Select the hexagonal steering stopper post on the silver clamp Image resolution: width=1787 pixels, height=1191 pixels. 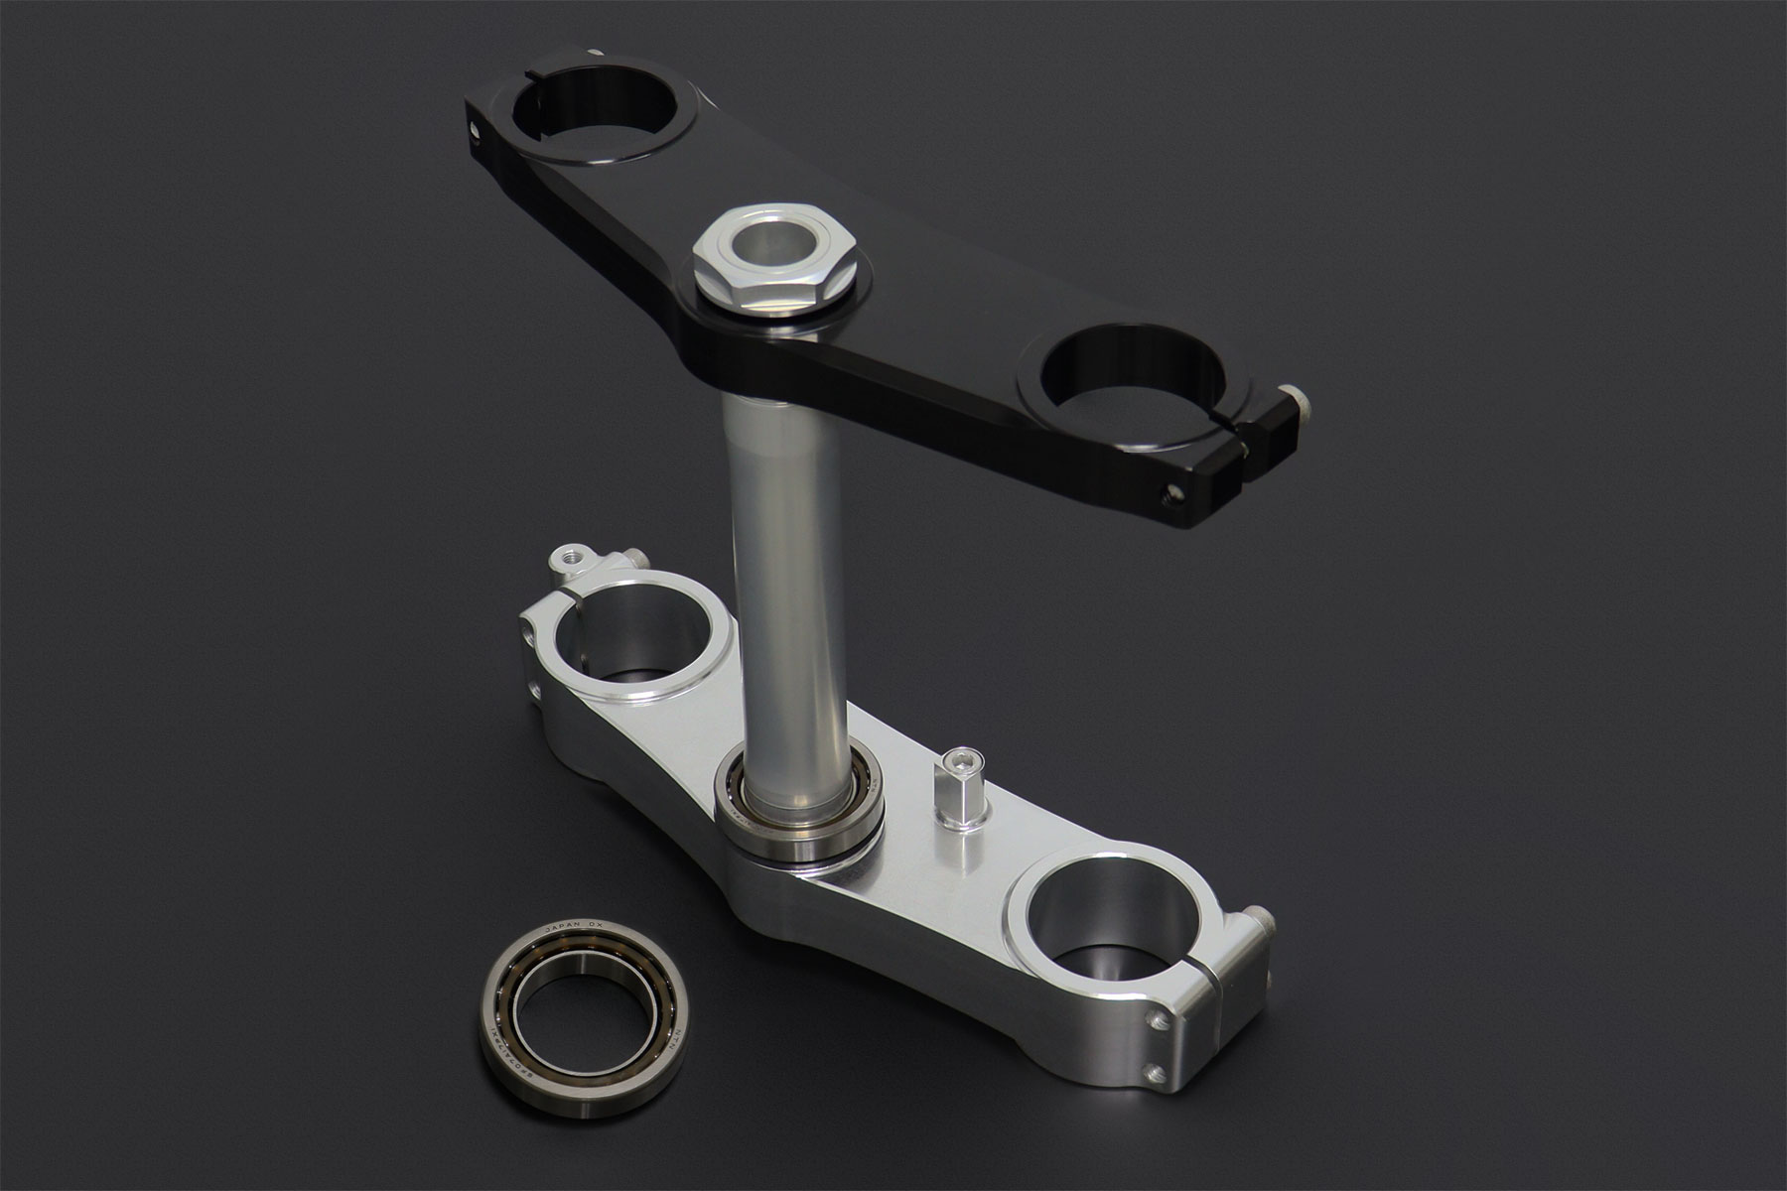(x=960, y=789)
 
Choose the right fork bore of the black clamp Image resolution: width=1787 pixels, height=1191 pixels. (x=1130, y=377)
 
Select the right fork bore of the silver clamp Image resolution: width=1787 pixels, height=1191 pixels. (x=1108, y=898)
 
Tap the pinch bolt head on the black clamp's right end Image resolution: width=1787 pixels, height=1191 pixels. (x=1294, y=401)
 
